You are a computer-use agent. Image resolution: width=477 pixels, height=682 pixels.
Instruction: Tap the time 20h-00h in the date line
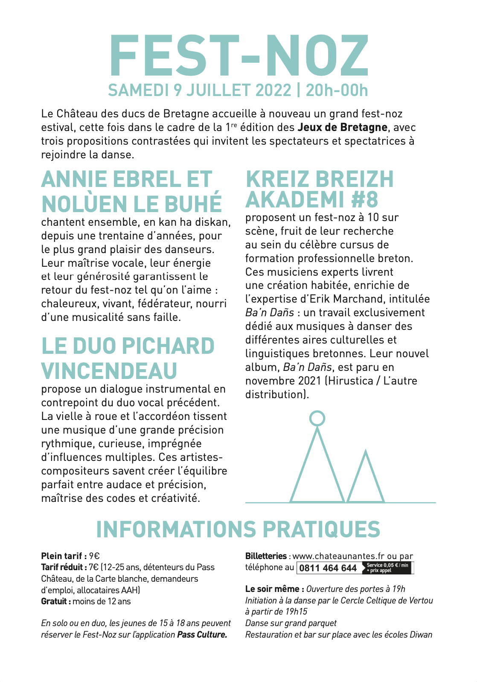coord(337,90)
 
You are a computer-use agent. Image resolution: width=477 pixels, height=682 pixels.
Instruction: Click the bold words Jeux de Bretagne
coord(342,128)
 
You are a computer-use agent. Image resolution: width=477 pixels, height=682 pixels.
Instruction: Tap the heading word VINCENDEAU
coord(109,371)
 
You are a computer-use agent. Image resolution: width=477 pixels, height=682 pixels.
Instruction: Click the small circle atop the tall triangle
coord(317,418)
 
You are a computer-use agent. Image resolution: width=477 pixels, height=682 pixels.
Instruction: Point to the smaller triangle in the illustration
coord(366,478)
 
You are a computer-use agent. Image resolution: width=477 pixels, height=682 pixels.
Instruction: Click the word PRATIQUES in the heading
coord(321,530)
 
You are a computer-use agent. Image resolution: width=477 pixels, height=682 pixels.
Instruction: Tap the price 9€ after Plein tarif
coord(94,556)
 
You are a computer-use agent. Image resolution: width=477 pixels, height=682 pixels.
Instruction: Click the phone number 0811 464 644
coord(328,568)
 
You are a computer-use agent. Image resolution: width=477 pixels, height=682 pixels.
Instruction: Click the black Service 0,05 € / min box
coord(387,568)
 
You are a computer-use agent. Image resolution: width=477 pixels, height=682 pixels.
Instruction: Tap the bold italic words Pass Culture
coord(202,635)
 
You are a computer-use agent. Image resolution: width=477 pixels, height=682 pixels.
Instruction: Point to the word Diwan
coord(421,635)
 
